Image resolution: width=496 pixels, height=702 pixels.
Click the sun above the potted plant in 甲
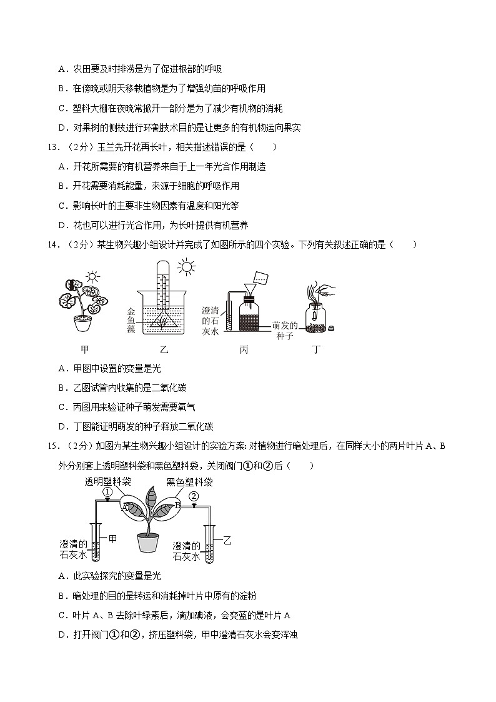point(92,277)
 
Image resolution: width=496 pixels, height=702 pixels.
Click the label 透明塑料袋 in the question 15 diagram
point(107,481)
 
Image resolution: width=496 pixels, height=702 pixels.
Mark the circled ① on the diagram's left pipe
point(107,492)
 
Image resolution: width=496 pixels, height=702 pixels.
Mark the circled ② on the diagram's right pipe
point(194,496)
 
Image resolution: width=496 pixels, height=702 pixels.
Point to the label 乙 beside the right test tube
point(227,541)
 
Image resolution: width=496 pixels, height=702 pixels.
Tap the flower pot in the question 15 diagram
point(147,542)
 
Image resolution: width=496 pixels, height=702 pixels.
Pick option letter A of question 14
point(61,369)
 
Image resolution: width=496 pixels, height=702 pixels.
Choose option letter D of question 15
point(61,635)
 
